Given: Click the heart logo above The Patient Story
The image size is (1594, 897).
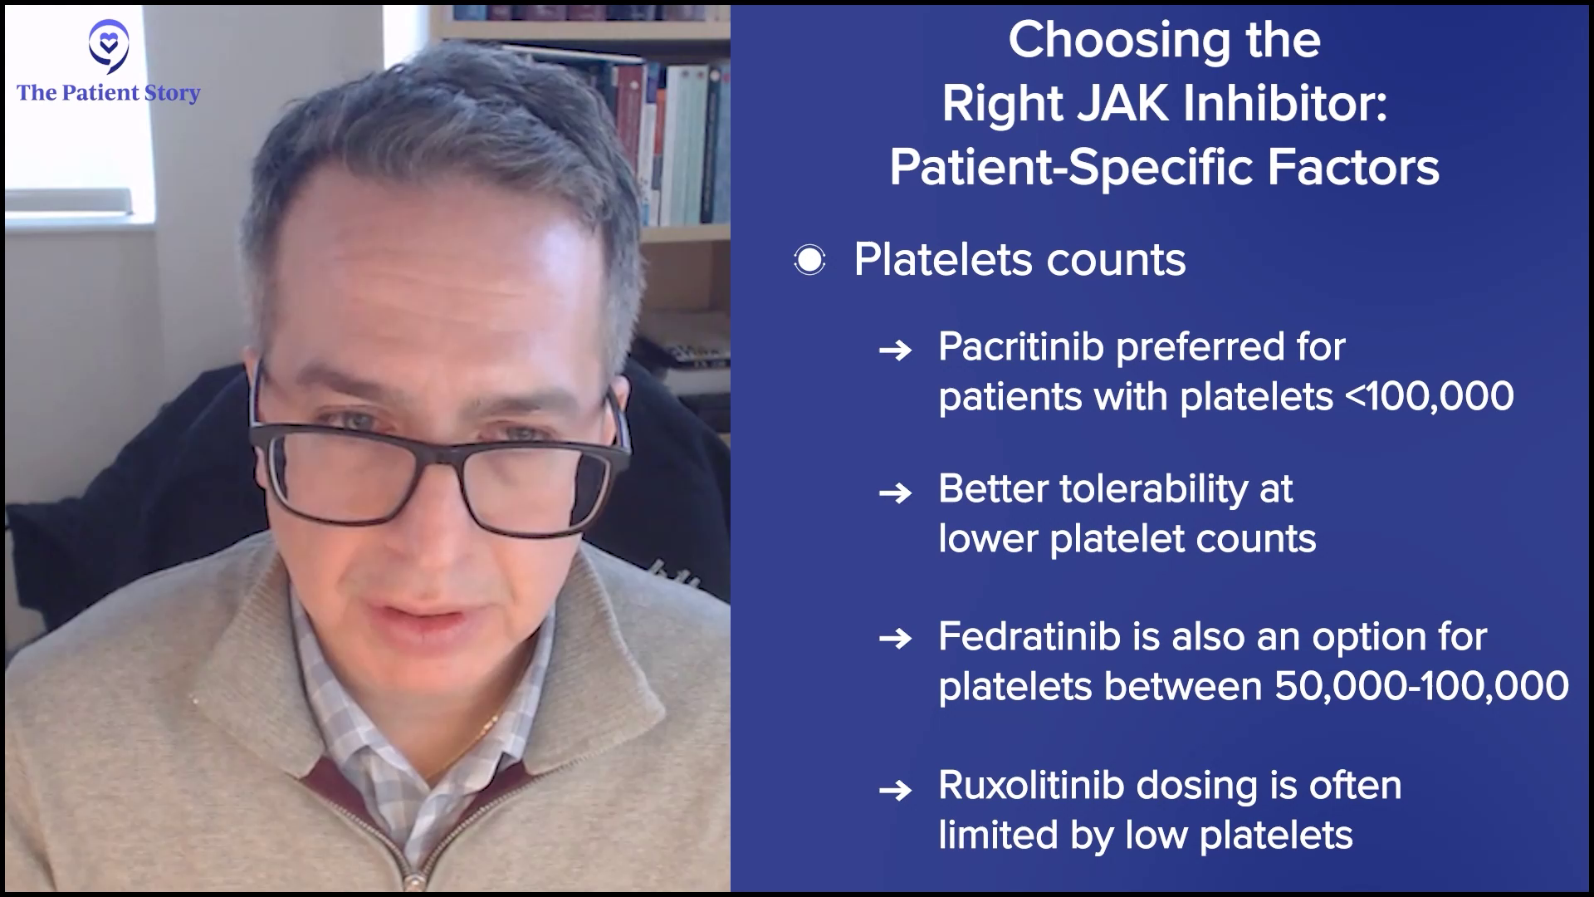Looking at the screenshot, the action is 109,47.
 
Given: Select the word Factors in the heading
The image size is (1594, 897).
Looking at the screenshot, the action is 1353,167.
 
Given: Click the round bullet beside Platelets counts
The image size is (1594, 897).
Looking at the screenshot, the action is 809,261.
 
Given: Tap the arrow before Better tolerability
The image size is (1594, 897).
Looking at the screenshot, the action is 895,493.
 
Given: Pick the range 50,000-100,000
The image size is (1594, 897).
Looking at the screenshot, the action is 1421,687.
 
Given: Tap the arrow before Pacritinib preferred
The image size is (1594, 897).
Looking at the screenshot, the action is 895,350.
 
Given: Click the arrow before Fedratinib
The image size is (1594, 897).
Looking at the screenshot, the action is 895,640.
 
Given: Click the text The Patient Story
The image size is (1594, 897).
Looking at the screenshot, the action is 109,92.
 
